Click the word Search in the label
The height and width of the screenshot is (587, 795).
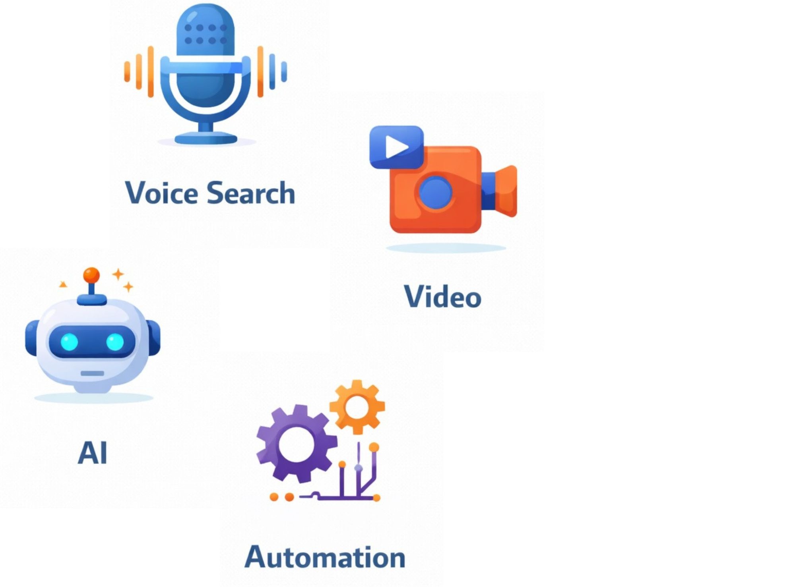tap(251, 193)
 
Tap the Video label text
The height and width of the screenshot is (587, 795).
tap(442, 297)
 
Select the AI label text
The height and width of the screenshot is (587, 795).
tap(93, 453)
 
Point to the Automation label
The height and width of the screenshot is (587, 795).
tap(325, 557)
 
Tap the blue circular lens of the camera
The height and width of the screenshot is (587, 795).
tap(436, 192)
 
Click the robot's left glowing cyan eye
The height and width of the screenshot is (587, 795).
tap(69, 342)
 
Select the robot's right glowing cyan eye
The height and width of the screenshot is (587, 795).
tap(115, 342)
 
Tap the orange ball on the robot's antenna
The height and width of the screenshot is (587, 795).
tap(91, 275)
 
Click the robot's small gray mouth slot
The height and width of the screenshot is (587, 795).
tap(92, 373)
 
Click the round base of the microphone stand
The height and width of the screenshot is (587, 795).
tap(206, 139)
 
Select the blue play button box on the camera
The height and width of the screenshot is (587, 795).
tap(396, 147)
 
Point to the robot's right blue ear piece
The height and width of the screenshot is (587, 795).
tap(154, 338)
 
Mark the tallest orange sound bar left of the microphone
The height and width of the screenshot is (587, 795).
tap(151, 71)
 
